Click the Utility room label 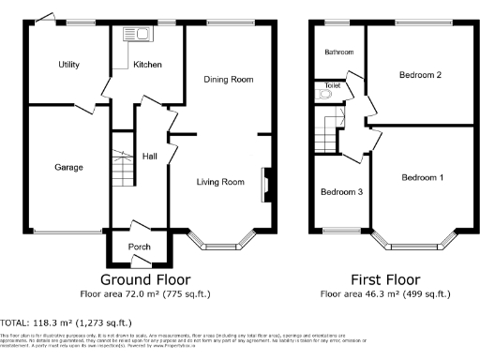(68, 65)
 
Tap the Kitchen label (147, 65)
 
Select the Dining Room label (229, 80)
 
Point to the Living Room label (220, 182)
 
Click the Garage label (68, 168)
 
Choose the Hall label (149, 157)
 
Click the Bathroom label (338, 52)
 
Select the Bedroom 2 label (421, 75)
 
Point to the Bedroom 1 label (423, 177)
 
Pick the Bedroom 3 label (341, 192)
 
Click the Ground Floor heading (144, 279)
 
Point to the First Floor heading (384, 279)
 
